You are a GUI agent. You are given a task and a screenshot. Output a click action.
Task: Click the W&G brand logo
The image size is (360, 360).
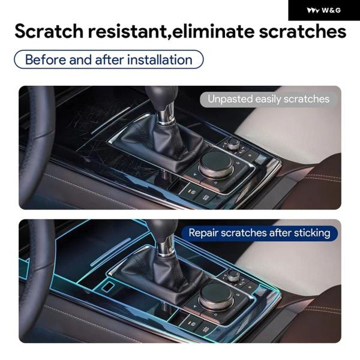click(x=324, y=10)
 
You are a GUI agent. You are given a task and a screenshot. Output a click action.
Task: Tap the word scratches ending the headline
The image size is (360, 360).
click(x=302, y=31)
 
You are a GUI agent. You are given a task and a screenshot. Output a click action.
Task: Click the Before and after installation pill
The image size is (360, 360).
click(x=109, y=59)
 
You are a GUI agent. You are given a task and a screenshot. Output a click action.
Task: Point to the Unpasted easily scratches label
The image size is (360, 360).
click(x=268, y=99)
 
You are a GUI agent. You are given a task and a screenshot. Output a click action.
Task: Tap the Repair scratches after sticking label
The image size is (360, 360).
click(x=259, y=233)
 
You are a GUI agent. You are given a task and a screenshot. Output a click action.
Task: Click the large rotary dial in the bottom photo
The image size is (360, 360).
click(x=216, y=295)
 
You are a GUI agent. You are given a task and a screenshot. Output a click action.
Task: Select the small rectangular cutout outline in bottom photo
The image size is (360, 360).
click(x=108, y=287)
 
